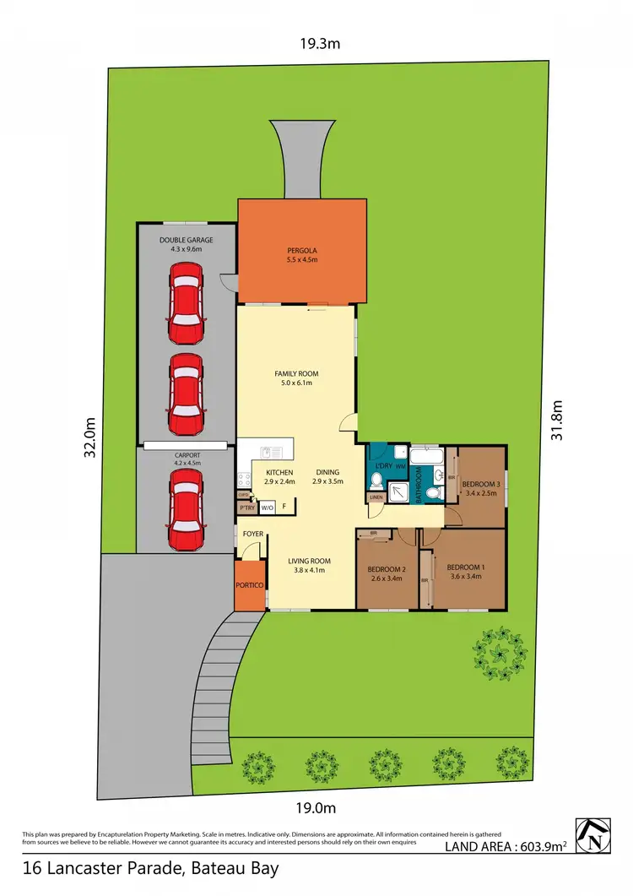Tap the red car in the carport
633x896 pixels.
tap(185, 509)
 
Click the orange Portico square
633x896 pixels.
tap(250, 584)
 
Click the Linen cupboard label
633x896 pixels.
tap(376, 497)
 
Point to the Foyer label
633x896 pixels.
tap(252, 535)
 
